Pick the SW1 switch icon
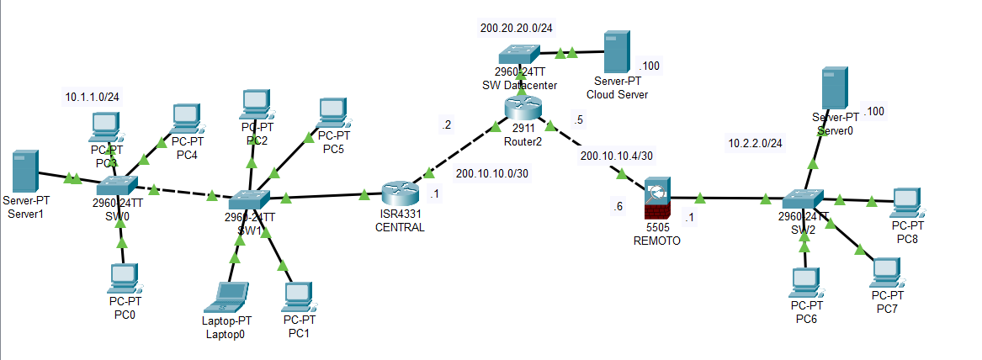250,199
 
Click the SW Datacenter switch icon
521,54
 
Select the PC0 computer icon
123,277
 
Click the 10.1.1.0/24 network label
92,98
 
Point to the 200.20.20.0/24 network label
517,28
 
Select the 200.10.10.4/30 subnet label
618,156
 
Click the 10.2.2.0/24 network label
755,143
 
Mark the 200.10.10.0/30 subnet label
492,173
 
